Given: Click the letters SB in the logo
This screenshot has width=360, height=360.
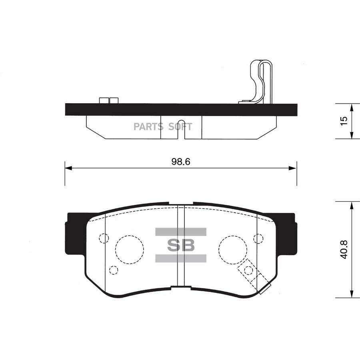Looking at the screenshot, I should pyautogui.click(x=180, y=245).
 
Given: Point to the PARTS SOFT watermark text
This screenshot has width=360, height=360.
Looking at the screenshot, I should pyautogui.click(x=163, y=127).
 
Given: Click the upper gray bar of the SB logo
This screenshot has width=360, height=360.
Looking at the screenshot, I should pyautogui.click(x=180, y=232).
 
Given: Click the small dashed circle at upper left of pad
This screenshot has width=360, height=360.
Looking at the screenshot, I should pyautogui.click(x=104, y=238).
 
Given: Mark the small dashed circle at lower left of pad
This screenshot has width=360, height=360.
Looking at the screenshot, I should pyautogui.click(x=114, y=270).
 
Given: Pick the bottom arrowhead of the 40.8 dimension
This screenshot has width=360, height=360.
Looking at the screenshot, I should pyautogui.click(x=351, y=294).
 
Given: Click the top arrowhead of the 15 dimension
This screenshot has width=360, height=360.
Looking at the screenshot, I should pyautogui.click(x=351, y=107).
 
